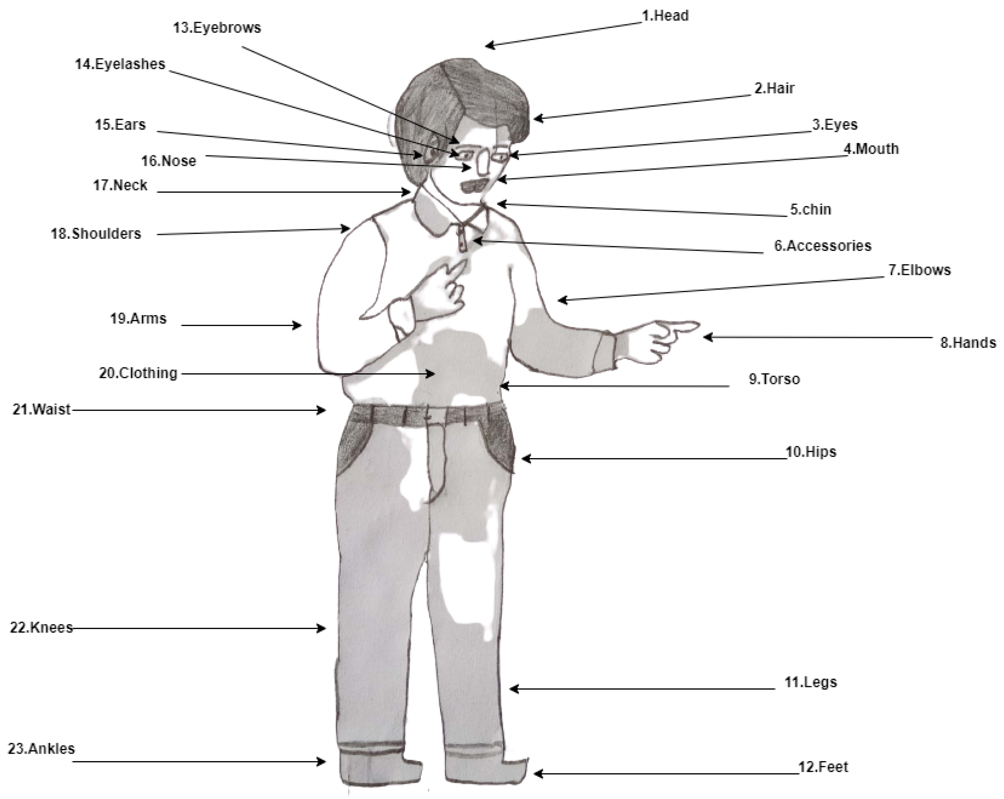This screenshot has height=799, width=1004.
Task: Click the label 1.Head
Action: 665,16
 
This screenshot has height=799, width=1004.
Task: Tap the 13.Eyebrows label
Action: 217,28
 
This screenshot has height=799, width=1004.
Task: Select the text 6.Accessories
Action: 823,246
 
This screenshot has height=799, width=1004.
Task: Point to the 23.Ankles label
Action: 41,749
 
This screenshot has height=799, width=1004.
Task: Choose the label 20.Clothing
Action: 138,373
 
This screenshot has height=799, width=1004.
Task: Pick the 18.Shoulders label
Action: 96,234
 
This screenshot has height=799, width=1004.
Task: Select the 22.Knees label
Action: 41,628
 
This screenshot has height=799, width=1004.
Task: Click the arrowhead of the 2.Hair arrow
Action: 539,118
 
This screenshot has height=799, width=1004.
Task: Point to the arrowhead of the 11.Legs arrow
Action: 514,689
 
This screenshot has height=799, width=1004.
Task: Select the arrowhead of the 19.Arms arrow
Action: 297,325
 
